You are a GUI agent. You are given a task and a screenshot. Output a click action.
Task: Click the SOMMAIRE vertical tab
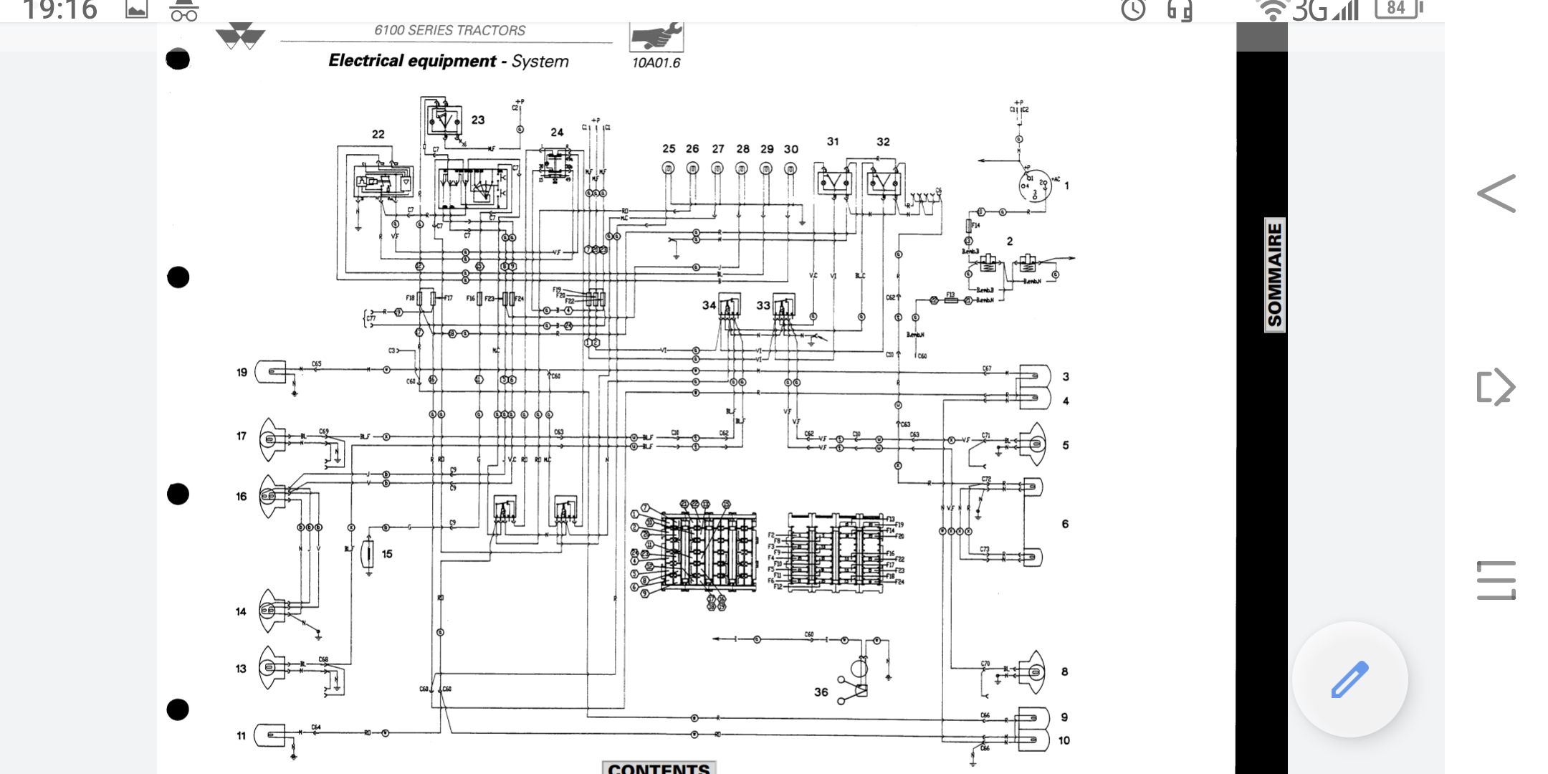pyautogui.click(x=1274, y=275)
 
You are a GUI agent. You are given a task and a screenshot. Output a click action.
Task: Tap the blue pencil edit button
pyautogui.click(x=1349, y=679)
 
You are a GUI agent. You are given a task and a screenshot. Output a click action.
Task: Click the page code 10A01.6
pyautogui.click(x=656, y=63)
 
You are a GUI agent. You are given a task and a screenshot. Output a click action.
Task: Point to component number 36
pyautogui.click(x=821, y=692)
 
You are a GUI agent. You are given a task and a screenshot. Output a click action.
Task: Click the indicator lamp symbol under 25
pyautogui.click(x=668, y=168)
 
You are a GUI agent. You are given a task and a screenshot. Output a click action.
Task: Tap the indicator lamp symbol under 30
pyautogui.click(x=790, y=168)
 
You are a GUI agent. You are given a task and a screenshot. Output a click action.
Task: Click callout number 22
pyautogui.click(x=378, y=134)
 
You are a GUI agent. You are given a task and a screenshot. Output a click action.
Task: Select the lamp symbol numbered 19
pyautogui.click(x=272, y=371)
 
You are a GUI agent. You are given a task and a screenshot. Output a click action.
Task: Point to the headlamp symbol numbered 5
pyautogui.click(x=1035, y=445)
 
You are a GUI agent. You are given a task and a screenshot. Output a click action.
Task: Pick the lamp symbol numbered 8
pyautogui.click(x=1033, y=672)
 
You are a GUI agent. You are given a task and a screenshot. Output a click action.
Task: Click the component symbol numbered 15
pyautogui.click(x=368, y=553)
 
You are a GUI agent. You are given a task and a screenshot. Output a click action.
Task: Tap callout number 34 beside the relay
pyautogui.click(x=708, y=305)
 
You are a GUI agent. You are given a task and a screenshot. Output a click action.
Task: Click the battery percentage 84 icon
pyautogui.click(x=1397, y=9)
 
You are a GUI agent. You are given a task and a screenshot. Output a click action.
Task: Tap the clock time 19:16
pyautogui.click(x=60, y=10)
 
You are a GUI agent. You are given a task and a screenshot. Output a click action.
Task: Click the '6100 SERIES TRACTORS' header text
pyautogui.click(x=449, y=30)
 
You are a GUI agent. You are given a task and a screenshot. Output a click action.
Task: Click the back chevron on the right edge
pyautogui.click(x=1496, y=193)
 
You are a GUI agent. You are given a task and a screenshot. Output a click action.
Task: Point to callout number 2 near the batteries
pyautogui.click(x=1009, y=242)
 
